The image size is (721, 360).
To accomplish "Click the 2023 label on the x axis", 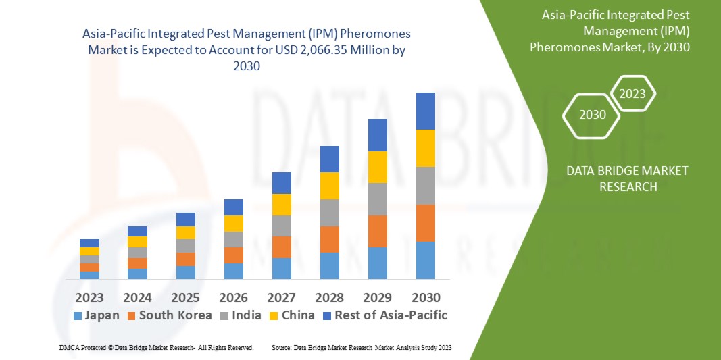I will [x=89, y=297].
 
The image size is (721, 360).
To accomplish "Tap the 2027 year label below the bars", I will [x=282, y=297].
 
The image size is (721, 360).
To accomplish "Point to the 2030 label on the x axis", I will [x=426, y=297].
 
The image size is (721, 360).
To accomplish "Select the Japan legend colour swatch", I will [x=77, y=315].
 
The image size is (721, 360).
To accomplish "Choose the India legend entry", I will [x=243, y=315].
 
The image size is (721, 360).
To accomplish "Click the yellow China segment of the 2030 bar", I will [x=426, y=148].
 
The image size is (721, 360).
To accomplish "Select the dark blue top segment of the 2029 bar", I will [x=378, y=135].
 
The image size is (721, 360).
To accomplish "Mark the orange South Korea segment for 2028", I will [x=330, y=239].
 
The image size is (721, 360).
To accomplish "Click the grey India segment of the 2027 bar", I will [x=282, y=226].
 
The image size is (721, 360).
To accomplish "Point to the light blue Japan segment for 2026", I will [x=234, y=271].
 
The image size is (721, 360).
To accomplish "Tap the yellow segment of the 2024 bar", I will [x=137, y=242].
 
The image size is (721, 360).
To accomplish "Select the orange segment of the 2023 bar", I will [x=89, y=267].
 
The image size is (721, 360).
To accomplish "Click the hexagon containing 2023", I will [x=632, y=94].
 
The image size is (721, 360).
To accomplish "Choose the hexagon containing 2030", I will [x=593, y=115].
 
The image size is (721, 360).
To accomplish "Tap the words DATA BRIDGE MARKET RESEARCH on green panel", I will [x=628, y=178].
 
